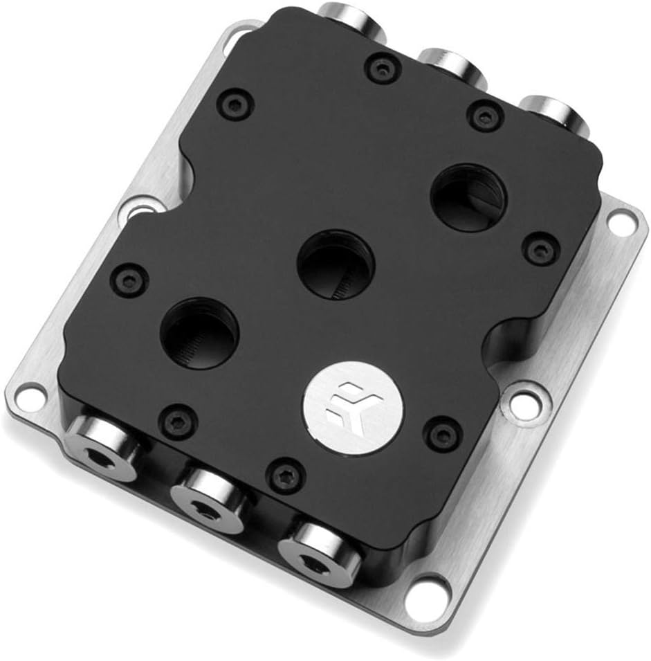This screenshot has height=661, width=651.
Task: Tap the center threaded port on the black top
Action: pyautogui.click(x=336, y=265)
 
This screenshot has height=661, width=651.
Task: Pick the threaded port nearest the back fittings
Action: pyautogui.click(x=469, y=197)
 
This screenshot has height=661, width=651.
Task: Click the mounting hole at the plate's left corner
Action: pyautogui.click(x=26, y=395)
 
